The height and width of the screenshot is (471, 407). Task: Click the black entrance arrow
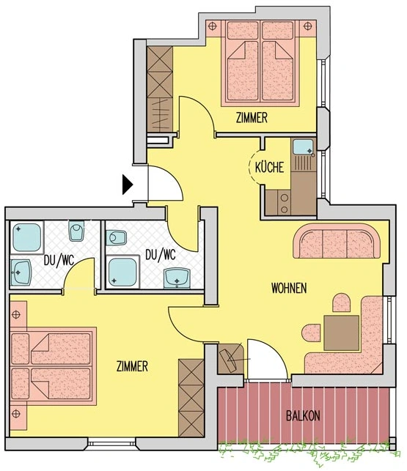pyautogui.click(x=128, y=184)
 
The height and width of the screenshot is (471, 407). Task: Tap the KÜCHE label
pyautogui.click(x=269, y=168)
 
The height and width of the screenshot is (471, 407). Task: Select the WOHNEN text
pyautogui.click(x=288, y=287)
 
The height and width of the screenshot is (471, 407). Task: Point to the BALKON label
pyautogui.click(x=302, y=415)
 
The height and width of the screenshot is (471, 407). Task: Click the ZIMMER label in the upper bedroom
pyautogui.click(x=252, y=117)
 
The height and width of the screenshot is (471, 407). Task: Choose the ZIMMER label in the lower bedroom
pyautogui.click(x=133, y=365)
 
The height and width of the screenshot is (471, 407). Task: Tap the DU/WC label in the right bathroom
pyautogui.click(x=160, y=255)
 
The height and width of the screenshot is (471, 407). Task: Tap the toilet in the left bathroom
pyautogui.click(x=76, y=233)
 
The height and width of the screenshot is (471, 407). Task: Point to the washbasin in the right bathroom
pyautogui.click(x=177, y=278)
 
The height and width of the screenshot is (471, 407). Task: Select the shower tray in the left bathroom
pyautogui.click(x=26, y=237)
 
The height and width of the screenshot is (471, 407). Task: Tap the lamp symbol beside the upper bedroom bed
pyautogui.click(x=213, y=26)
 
